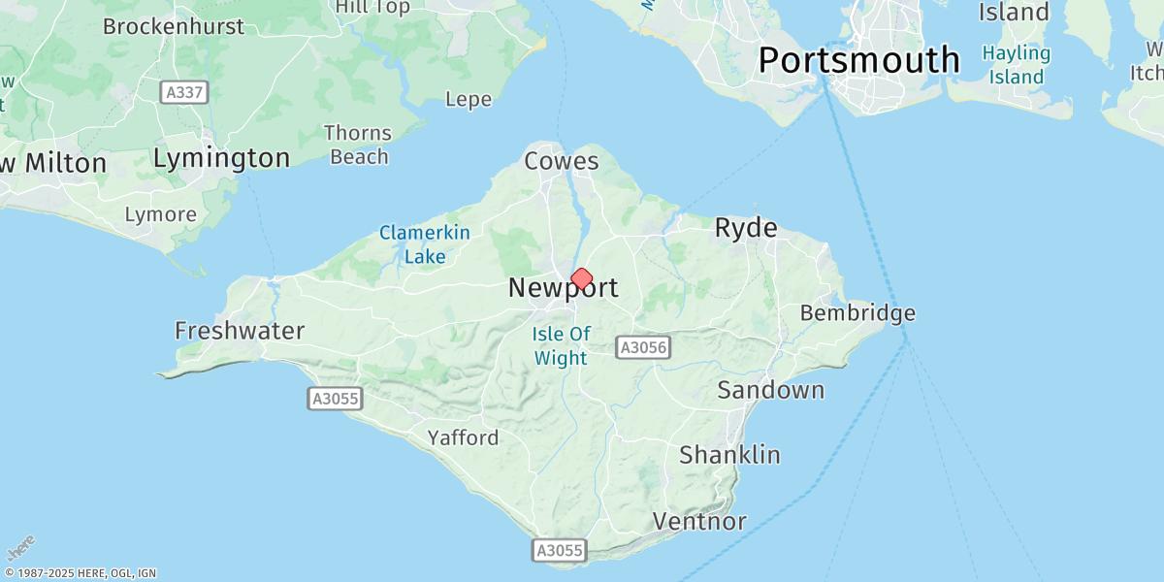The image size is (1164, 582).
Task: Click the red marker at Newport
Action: [581, 279]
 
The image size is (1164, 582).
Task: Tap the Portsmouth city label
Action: [858, 60]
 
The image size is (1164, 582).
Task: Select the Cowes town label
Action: [562, 161]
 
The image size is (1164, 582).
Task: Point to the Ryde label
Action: [746, 228]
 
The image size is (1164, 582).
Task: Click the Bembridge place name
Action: [857, 313]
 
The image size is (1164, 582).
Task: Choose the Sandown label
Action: [770, 390]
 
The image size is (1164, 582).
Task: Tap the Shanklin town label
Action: [729, 454]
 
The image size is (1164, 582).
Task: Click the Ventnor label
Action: [698, 521]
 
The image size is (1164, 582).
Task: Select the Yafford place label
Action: [464, 437]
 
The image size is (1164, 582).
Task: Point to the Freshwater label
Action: [240, 331]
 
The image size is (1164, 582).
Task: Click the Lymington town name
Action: [221, 158]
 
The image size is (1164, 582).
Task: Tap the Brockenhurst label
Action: [174, 26]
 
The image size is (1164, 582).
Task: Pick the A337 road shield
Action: [184, 92]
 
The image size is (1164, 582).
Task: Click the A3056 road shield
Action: [643, 347]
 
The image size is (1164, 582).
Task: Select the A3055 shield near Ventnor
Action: [560, 551]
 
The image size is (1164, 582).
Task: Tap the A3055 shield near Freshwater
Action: [336, 398]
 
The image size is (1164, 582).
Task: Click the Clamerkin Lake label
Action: [425, 244]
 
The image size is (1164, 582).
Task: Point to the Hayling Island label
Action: [1016, 65]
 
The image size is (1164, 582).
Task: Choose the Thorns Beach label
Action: [358, 145]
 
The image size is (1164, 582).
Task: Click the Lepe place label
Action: [469, 99]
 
